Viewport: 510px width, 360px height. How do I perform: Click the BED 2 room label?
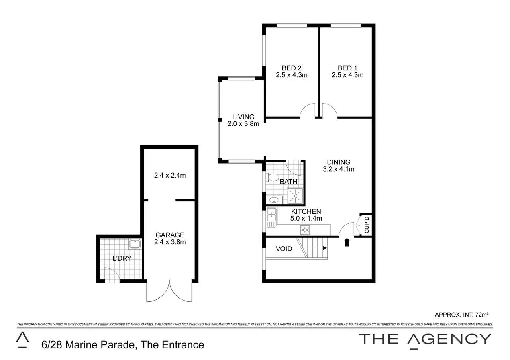[x=291, y=68]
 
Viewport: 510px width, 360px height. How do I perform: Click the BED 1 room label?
[x=347, y=68]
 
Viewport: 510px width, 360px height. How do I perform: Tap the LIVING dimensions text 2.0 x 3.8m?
[x=243, y=124]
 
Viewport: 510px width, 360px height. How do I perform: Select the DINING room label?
[x=339, y=162]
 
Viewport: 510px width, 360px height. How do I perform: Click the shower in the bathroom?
[x=296, y=196]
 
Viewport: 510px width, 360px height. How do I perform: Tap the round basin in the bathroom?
[x=273, y=200]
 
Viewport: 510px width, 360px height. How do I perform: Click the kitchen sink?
[x=272, y=217]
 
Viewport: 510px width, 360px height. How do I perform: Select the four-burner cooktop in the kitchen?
[x=305, y=230]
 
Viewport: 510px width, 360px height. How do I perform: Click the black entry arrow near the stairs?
[x=347, y=242]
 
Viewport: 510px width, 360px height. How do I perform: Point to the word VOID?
[x=284, y=249]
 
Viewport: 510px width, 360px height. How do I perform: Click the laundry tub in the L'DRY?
[x=135, y=244]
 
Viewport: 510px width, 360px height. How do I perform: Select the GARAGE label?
[x=170, y=235]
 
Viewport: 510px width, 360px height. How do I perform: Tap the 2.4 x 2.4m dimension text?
[x=170, y=175]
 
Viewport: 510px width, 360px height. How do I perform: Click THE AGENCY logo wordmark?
[x=425, y=339]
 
